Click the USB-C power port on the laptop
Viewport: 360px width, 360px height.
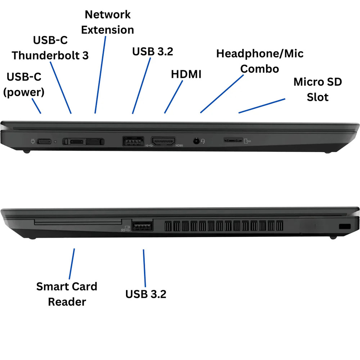click(44, 141)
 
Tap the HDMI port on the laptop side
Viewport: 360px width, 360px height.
click(163, 141)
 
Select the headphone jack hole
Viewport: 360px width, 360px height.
click(196, 141)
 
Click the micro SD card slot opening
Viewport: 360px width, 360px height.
click(233, 140)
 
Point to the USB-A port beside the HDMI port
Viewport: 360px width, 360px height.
click(133, 141)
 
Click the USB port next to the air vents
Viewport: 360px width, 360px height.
click(142, 226)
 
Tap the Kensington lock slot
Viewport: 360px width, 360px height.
click(345, 226)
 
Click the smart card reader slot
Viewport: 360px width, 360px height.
click(78, 222)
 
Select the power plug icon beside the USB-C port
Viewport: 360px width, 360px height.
click(33, 141)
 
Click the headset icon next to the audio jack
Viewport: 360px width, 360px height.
click(203, 141)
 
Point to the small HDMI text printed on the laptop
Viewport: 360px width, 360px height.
click(179, 145)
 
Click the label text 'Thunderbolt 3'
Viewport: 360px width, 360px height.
click(50, 55)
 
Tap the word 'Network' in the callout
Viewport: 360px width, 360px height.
click(108, 15)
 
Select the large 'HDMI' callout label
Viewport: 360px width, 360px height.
click(186, 74)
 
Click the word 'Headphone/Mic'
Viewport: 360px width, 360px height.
click(260, 54)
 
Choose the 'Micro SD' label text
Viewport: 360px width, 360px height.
click(318, 82)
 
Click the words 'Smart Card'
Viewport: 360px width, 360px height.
click(67, 287)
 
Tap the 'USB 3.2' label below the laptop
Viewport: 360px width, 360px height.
click(146, 294)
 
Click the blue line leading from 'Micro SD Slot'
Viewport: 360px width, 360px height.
click(262, 106)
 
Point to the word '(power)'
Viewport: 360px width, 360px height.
click(24, 92)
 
